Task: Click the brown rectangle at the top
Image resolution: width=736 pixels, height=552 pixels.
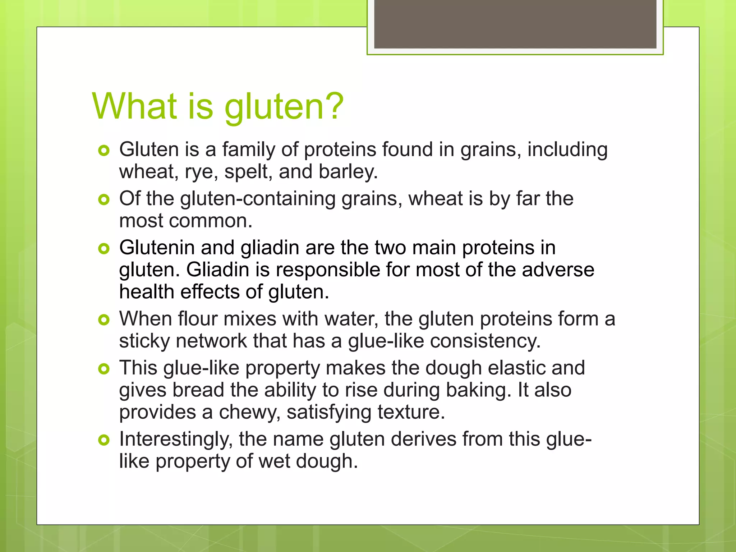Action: [x=515, y=24]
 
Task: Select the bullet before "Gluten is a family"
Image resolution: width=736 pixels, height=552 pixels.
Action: [x=104, y=151]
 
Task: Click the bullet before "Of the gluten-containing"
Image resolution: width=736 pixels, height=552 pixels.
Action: [x=104, y=199]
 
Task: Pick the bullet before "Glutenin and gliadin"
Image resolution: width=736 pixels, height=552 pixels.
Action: [x=104, y=248]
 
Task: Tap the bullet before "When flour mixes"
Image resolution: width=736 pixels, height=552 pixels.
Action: [x=104, y=319]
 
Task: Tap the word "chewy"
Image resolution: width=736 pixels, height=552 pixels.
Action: [x=249, y=413]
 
